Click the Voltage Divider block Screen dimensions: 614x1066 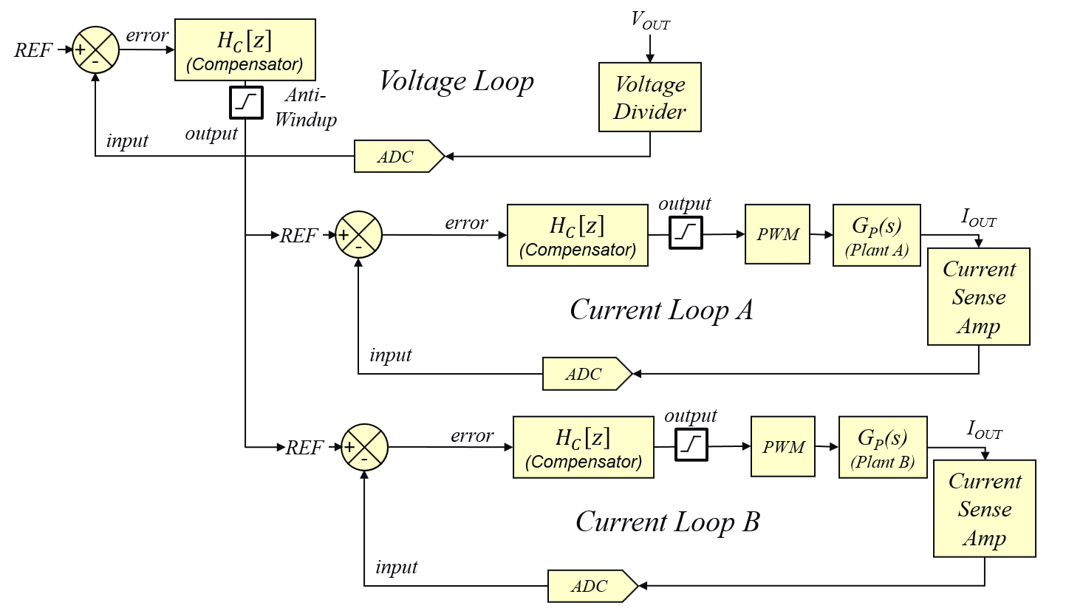pos(650,98)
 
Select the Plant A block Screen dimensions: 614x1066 pos(876,233)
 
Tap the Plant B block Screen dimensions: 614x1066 pos(882,446)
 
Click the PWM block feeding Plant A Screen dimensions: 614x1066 pos(778,235)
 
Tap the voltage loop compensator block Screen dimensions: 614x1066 pos(245,50)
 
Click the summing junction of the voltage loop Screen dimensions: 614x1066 pos(95,50)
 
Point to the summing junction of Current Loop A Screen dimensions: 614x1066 pos(358,235)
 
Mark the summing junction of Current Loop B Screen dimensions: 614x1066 pos(364,447)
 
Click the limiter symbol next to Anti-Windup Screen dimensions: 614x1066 pos(245,102)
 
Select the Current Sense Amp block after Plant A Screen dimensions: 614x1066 pos(978,297)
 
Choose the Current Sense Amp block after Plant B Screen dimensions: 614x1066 pos(985,509)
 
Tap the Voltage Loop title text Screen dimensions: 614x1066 pos(457,81)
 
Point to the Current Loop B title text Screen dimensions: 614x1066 pos(667,522)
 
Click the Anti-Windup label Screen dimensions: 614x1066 pos(305,107)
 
